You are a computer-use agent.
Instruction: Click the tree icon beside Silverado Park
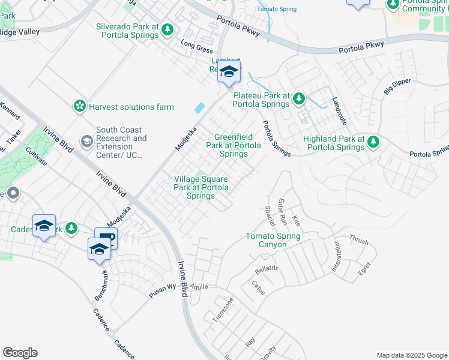tap(168, 29)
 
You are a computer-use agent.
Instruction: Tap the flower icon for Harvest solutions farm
tap(79, 107)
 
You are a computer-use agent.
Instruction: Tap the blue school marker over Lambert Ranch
tap(229, 73)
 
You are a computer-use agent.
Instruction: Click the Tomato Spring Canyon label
tap(273, 240)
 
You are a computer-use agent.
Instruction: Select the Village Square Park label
tap(200, 187)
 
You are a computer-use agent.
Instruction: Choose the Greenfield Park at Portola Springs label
tap(234, 145)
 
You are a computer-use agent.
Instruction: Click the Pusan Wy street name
tap(162, 287)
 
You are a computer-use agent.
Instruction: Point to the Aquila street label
tap(199, 287)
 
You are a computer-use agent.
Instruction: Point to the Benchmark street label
tap(101, 285)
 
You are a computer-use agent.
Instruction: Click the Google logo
tap(20, 353)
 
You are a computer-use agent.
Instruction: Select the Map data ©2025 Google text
tap(411, 355)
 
